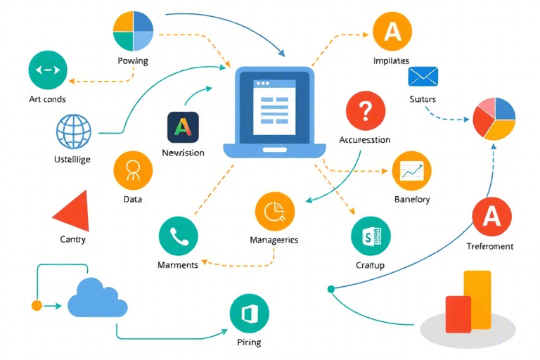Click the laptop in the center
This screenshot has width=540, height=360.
(x=275, y=112)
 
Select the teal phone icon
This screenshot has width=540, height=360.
(x=179, y=236)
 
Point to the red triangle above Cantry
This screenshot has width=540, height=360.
(x=72, y=210)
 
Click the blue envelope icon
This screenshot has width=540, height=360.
(x=423, y=75)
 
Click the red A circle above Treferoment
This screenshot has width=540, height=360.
(x=491, y=216)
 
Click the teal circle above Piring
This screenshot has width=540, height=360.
(x=250, y=314)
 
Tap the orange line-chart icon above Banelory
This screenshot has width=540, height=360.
(x=411, y=170)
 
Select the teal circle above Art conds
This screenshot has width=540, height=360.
(x=48, y=70)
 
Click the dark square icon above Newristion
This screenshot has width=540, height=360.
(x=183, y=127)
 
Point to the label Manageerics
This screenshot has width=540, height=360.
(x=274, y=240)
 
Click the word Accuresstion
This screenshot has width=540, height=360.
(x=364, y=140)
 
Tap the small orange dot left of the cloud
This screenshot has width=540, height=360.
(x=37, y=305)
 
